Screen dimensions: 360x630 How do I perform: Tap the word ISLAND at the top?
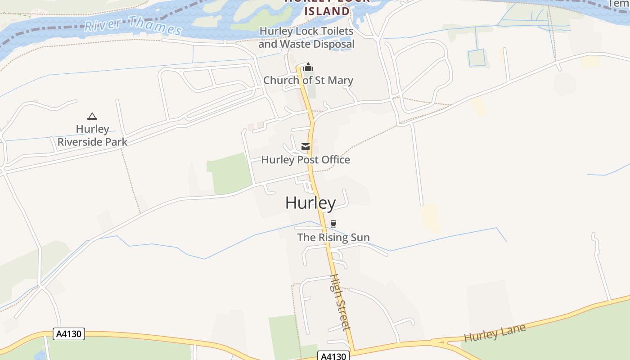pos(327,11)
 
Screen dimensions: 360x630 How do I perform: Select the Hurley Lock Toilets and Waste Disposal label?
pos(306,38)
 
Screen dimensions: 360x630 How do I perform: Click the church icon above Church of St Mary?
pos(308,67)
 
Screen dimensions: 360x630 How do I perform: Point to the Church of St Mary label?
pos(308,81)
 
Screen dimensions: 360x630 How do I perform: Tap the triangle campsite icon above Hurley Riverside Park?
pos(92,116)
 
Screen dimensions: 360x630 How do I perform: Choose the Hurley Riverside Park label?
pos(92,135)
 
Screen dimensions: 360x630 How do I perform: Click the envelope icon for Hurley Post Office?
pos(306,147)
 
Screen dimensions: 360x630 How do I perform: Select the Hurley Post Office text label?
pos(306,160)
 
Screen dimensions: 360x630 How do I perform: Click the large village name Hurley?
pos(310,203)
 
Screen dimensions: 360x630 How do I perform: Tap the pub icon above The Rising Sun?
pos(333,224)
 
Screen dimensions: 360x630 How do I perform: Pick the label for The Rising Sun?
pos(333,237)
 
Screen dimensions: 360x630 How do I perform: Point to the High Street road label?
pos(340,302)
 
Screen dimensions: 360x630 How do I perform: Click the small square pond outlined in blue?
pos(477,58)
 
